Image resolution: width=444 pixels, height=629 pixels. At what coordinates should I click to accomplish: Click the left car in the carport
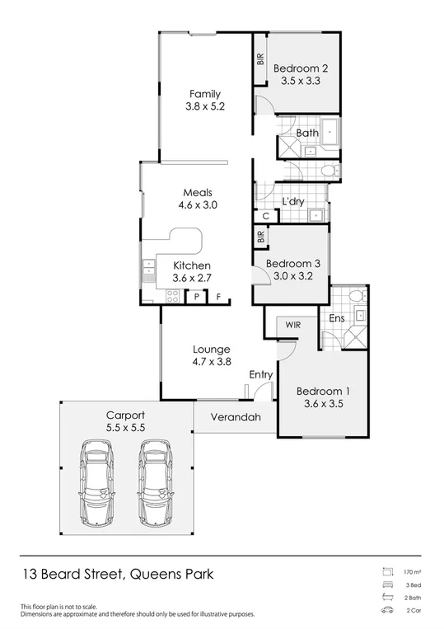(x=97, y=483)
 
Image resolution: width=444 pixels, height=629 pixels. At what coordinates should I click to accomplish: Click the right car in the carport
(x=154, y=483)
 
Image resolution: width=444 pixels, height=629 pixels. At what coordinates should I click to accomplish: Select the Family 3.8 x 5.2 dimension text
(x=205, y=106)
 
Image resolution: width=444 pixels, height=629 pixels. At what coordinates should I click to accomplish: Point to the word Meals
(x=197, y=193)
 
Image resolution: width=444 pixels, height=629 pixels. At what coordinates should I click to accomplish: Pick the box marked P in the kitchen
(x=198, y=296)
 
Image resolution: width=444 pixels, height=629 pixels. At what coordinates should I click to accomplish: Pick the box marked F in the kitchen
(x=219, y=296)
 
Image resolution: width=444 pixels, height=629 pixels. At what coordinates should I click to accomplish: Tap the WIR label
(x=292, y=326)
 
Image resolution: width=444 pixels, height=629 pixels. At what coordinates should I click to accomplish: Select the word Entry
(x=260, y=374)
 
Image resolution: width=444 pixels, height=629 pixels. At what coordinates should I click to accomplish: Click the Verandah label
(x=236, y=417)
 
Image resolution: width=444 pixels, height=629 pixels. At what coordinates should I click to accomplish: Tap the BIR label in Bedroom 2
(x=260, y=59)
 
